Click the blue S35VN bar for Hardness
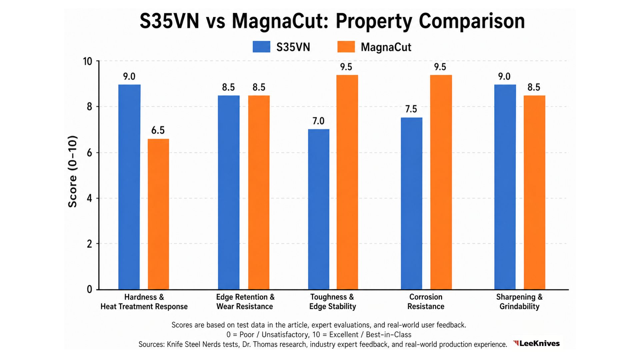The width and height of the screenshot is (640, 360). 129,187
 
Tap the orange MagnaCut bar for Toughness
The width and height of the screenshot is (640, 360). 347,182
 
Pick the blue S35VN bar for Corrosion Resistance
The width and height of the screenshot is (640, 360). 411,203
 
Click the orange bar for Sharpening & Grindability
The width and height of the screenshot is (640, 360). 534,192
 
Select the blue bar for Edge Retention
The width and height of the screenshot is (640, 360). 229,192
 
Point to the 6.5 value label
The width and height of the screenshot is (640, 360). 158,130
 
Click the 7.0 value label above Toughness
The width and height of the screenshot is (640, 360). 318,121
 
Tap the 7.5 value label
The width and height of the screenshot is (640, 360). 411,109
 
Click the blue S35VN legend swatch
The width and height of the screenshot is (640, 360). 261,47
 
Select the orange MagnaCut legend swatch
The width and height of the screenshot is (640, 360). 346,47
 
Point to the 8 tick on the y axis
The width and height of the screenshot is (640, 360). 89,107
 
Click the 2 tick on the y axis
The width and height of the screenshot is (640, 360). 89,244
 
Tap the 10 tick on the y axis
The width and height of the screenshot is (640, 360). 87,62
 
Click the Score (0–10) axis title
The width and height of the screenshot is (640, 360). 73,172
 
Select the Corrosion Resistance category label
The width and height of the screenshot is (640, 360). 426,302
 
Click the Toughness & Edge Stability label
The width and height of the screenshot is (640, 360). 332,302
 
